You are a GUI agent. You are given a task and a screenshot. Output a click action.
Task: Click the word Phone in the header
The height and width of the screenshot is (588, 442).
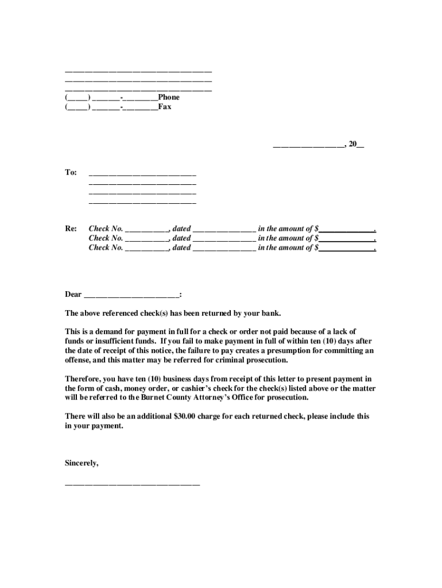(x=169, y=98)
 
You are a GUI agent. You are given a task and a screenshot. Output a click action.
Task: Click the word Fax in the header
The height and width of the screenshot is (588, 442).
(x=165, y=107)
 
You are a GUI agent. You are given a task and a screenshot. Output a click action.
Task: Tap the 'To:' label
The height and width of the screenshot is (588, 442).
(x=71, y=172)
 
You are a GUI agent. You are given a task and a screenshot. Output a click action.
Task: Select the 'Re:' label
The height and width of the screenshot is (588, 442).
(x=71, y=229)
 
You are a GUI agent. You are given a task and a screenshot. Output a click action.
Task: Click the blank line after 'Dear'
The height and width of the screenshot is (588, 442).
(x=131, y=295)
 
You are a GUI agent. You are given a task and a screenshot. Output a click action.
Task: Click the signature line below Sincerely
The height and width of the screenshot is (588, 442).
(x=132, y=483)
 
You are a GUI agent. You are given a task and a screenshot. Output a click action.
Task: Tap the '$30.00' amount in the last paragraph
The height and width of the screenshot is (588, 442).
(x=184, y=416)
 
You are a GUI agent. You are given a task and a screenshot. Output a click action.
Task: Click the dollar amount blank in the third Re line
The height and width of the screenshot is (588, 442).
(x=346, y=249)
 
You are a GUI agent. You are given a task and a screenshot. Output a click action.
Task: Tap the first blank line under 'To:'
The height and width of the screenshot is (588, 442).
(x=142, y=173)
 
